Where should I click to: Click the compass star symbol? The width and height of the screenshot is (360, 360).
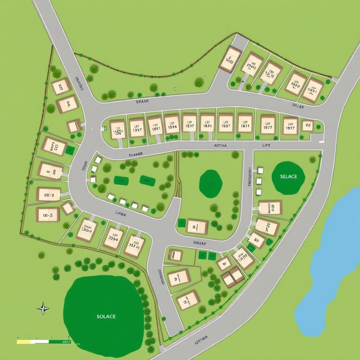(x=43, y=308)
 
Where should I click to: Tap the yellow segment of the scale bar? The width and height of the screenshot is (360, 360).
(x=23, y=341)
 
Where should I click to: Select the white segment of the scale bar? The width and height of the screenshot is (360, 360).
(x=39, y=341)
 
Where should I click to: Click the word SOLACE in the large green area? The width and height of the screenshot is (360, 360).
(x=106, y=316)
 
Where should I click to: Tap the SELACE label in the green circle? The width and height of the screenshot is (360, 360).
(x=288, y=176)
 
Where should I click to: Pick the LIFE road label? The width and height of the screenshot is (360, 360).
(x=266, y=145)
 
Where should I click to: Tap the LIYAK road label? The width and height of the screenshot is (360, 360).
(x=121, y=213)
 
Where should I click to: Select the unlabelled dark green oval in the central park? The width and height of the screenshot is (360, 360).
(x=211, y=184)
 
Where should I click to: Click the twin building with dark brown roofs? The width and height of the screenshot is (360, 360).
(x=233, y=277)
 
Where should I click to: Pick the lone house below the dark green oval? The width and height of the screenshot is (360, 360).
(x=197, y=227)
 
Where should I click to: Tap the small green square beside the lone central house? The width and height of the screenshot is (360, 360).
(x=182, y=223)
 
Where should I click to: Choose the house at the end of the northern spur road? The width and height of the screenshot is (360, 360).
(x=230, y=59)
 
